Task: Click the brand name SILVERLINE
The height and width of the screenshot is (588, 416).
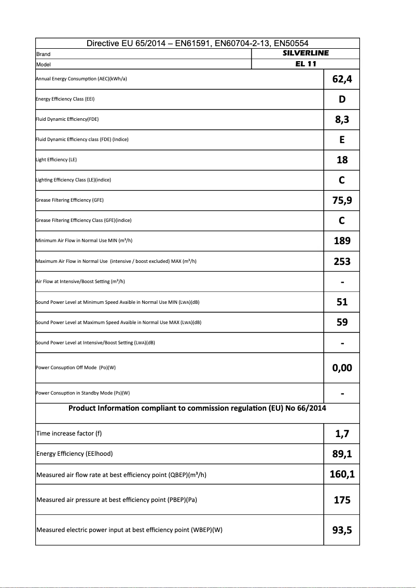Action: click(306, 53)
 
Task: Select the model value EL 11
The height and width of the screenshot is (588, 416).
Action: click(306, 64)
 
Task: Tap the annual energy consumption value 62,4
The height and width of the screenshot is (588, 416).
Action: click(342, 79)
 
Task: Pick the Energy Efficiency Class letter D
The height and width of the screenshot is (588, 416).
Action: click(342, 99)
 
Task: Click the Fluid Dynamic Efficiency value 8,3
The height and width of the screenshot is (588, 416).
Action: click(342, 120)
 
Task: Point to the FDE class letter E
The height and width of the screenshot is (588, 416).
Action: click(342, 139)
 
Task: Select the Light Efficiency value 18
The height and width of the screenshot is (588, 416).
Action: click(342, 160)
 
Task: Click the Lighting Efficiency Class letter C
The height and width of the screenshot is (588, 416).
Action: click(342, 180)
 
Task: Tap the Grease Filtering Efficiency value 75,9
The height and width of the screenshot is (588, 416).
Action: click(342, 201)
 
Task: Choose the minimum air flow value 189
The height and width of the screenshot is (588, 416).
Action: click(342, 241)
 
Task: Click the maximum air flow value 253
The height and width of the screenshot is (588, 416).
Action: click(342, 261)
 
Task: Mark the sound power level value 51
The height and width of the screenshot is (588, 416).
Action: click(342, 302)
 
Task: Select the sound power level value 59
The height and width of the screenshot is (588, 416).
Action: click(342, 322)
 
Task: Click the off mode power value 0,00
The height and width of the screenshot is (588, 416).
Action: click(342, 368)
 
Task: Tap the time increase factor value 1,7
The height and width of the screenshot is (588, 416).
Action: click(342, 434)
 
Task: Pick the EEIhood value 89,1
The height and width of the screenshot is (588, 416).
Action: click(342, 454)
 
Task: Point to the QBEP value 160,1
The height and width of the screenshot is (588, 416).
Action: click(342, 474)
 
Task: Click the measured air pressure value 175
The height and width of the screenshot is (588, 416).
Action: click(342, 500)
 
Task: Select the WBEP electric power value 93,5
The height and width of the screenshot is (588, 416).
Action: click(342, 530)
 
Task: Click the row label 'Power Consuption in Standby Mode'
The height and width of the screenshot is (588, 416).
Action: click(82, 393)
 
